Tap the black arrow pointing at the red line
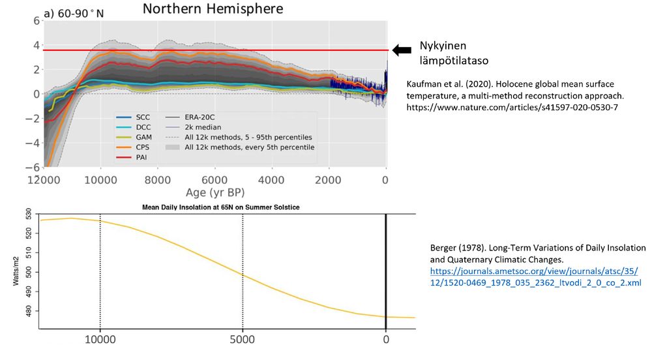click(x=403, y=50)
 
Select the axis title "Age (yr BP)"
click(x=213, y=193)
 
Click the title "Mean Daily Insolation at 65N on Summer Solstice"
click(x=225, y=207)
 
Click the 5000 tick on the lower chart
click(x=243, y=339)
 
